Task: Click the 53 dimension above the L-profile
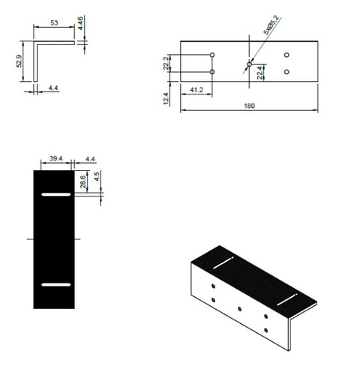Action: [55, 23]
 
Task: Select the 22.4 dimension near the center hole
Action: [260, 72]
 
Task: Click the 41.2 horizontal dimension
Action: [198, 91]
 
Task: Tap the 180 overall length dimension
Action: [249, 106]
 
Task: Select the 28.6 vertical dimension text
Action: [81, 183]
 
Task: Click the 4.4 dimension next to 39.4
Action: [91, 159]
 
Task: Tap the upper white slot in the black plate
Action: [55, 195]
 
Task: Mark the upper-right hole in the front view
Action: [286, 55]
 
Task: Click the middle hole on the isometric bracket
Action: [238, 308]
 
